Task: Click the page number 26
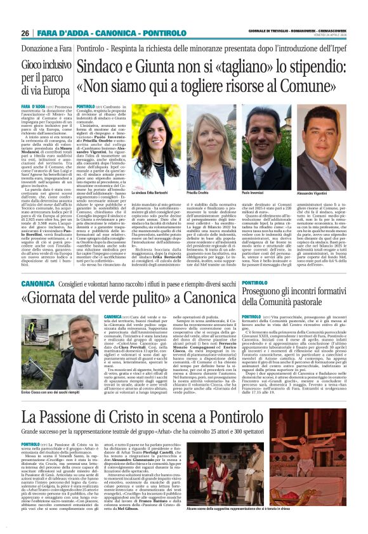tap(25, 33)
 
